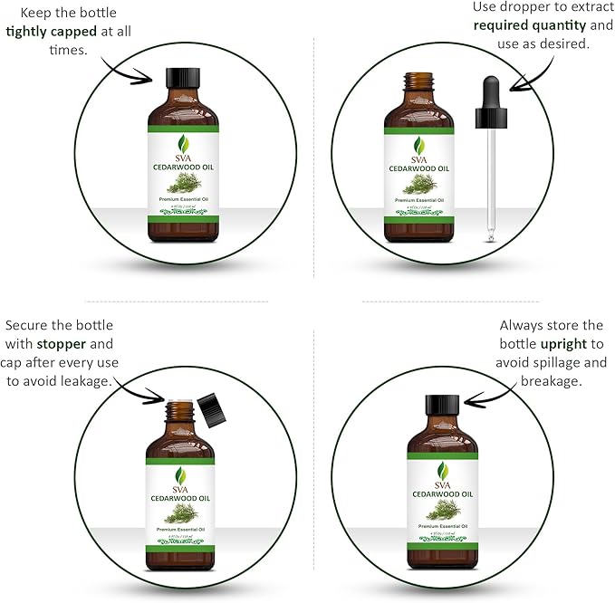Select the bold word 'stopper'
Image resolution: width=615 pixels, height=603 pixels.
[62, 344]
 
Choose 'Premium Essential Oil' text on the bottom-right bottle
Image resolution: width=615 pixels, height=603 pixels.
[443, 526]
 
